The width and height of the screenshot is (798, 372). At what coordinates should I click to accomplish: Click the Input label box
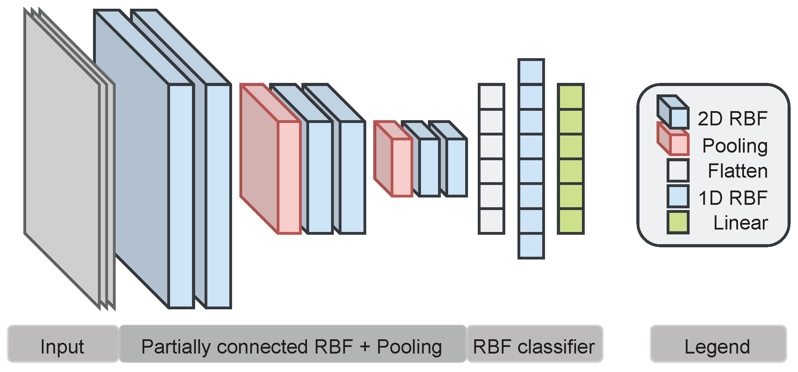(x=63, y=344)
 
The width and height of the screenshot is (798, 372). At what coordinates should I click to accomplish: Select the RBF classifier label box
(x=535, y=344)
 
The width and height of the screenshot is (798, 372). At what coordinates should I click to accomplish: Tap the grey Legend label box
(x=718, y=344)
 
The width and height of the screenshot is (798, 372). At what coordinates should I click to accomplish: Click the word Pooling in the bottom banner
(x=409, y=347)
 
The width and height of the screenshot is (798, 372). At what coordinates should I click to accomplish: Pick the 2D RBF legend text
(x=732, y=118)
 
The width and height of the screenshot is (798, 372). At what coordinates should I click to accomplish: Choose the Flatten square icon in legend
(x=678, y=170)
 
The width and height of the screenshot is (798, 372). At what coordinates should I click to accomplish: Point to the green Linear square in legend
(x=678, y=222)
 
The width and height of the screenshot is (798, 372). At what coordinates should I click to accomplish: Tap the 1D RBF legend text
(x=732, y=198)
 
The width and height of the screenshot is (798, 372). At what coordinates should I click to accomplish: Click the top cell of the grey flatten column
(x=491, y=97)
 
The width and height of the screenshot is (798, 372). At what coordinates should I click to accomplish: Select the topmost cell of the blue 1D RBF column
(x=531, y=72)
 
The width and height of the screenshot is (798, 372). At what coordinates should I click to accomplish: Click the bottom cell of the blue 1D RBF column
(x=531, y=246)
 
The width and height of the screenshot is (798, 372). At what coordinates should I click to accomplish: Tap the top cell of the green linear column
(x=570, y=97)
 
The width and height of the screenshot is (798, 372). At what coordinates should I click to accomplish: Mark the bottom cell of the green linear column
(x=570, y=221)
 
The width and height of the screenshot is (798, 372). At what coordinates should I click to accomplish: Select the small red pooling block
(x=402, y=167)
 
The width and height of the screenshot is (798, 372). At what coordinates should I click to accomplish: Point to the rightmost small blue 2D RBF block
(x=456, y=167)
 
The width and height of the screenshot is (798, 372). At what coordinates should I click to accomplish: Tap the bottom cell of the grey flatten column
(x=491, y=221)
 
